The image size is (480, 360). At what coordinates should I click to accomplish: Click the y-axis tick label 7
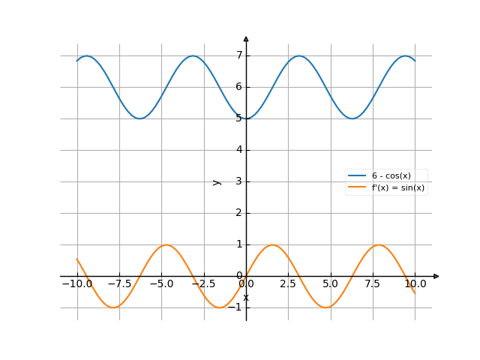tap(239, 55)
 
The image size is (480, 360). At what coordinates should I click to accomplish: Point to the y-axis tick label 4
tap(239, 150)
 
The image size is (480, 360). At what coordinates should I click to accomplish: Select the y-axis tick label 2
tap(239, 213)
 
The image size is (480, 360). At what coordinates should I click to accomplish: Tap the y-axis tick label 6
tap(239, 87)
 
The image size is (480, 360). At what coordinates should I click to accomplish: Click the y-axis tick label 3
tap(239, 181)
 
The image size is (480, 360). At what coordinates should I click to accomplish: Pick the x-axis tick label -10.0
tap(76, 284)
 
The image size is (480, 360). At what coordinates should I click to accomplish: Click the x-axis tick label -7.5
tap(119, 284)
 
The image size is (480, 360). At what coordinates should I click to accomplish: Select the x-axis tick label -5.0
tap(161, 284)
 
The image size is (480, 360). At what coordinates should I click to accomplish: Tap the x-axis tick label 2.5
tap(289, 284)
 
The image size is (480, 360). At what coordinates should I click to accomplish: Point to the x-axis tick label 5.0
tap(331, 284)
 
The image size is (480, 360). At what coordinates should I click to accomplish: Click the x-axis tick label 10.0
tap(415, 284)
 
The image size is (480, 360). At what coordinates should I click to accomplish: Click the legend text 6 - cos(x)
tap(391, 176)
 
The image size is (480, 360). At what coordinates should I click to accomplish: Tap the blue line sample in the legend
tap(358, 176)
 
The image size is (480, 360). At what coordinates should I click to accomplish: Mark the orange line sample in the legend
tap(358, 188)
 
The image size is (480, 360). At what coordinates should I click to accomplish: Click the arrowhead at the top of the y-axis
tap(246, 38)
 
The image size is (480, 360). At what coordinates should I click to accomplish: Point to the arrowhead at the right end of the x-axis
tap(436, 276)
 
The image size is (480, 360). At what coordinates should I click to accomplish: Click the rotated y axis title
tap(217, 181)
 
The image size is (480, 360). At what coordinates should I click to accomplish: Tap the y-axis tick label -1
tap(238, 307)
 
